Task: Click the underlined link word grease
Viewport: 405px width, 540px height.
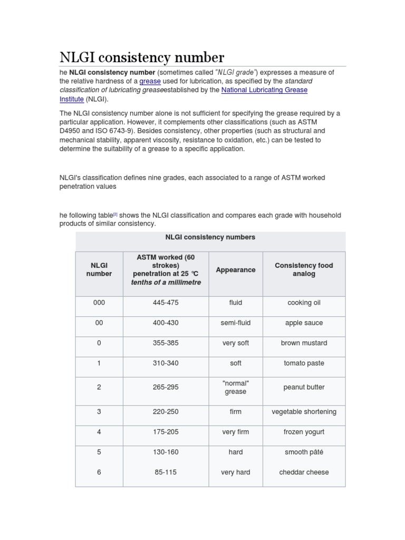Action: [x=150, y=81]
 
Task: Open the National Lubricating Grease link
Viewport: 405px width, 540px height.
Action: [x=264, y=90]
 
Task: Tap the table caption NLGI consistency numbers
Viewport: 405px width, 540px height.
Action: [x=210, y=237]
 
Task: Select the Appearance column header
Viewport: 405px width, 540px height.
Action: [x=236, y=270]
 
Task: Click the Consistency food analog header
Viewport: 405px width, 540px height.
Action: [x=304, y=270]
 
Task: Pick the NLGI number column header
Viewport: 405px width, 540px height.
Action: [x=99, y=270]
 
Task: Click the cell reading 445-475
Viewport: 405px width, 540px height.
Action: [x=166, y=303]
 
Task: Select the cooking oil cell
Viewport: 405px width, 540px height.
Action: [x=304, y=303]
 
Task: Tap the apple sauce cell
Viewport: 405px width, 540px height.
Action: [x=304, y=323]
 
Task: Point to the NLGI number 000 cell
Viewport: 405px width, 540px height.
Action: [x=99, y=303]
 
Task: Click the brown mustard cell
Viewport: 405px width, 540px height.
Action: [x=304, y=343]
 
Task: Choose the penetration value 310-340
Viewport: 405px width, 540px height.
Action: [x=166, y=363]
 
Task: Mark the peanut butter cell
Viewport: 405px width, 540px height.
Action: [x=304, y=387]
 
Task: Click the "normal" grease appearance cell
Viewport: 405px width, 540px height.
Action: [x=236, y=387]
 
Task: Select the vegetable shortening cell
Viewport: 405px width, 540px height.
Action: [x=304, y=412]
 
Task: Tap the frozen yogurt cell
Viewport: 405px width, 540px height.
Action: [x=304, y=432]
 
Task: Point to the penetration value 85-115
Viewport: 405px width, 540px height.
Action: [x=166, y=472]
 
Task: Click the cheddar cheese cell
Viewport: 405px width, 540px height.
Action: [x=304, y=472]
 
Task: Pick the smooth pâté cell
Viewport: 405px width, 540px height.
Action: [x=304, y=452]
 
